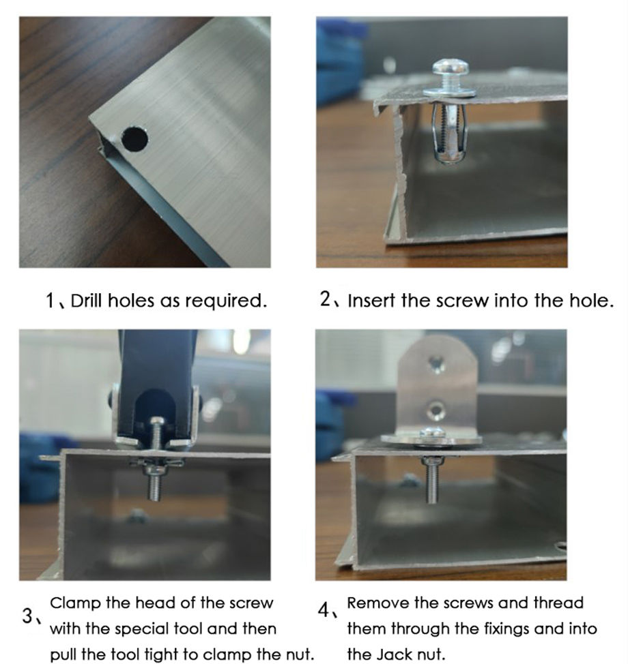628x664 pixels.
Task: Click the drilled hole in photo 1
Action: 134,138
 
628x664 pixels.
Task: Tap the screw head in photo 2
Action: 449,68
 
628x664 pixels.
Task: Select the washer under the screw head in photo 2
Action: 449,90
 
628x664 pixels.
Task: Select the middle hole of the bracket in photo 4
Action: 435,410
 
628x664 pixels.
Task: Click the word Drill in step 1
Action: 85,301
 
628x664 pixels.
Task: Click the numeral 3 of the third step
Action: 28,616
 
